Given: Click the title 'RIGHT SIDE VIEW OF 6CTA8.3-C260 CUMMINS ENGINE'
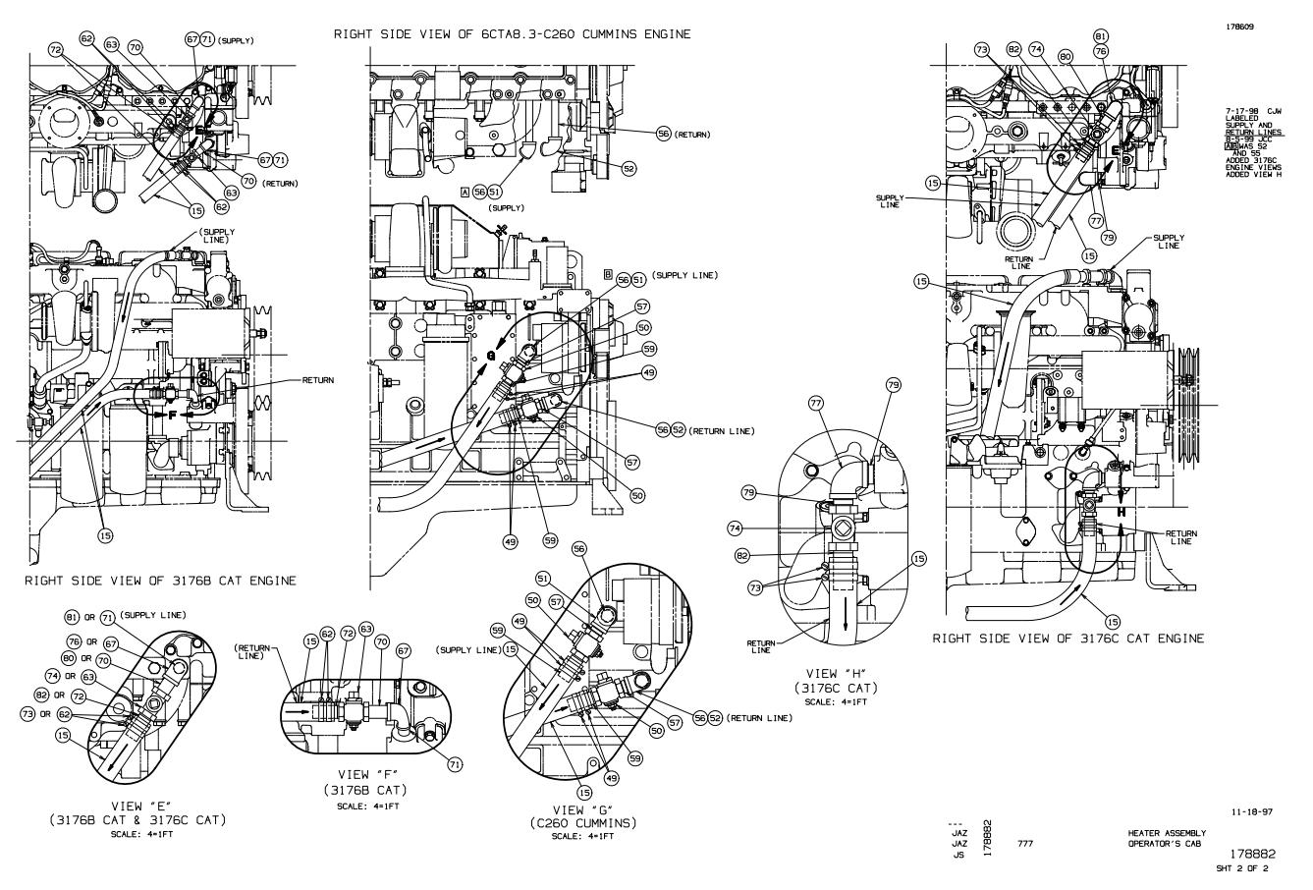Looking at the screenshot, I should (512, 34).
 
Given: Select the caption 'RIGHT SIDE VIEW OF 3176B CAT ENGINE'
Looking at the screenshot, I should (161, 581).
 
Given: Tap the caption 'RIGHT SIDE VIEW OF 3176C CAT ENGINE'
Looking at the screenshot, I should (1067, 638).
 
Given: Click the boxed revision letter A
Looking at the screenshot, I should (464, 194).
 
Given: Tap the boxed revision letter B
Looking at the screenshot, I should (608, 275).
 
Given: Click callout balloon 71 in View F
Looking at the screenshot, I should (455, 762).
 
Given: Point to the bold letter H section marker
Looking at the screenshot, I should (1120, 512).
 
